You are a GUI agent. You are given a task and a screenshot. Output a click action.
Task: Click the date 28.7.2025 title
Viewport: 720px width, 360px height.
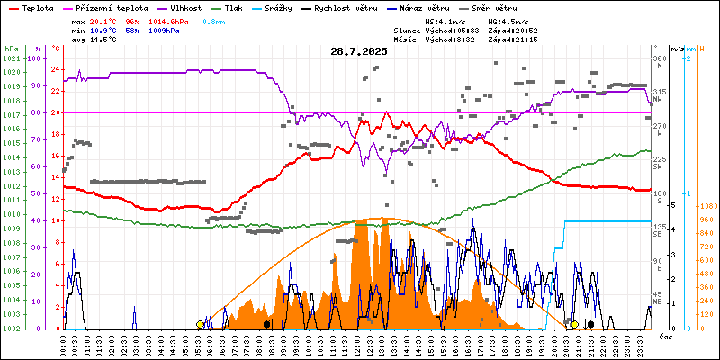[x=359, y=51]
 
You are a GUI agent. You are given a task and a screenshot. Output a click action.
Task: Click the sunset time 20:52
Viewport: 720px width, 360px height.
[x=524, y=30]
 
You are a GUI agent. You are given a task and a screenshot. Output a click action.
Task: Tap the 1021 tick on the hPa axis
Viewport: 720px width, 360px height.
[x=11, y=58]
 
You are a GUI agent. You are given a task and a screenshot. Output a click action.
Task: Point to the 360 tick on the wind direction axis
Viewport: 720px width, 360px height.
[x=660, y=58]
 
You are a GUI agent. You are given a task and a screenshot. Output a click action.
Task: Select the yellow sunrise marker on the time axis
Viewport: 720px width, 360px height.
[x=200, y=324]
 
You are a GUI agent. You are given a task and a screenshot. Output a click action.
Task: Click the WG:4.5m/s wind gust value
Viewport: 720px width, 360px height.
[x=509, y=20]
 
